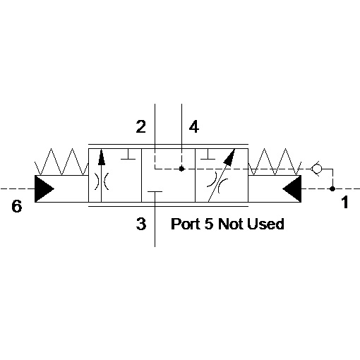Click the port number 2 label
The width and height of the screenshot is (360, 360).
tap(141, 126)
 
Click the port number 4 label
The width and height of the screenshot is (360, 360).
tap(194, 126)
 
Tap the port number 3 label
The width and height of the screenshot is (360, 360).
tap(141, 224)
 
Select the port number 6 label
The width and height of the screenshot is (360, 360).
tap(17, 206)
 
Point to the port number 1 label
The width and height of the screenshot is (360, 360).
tap(344, 203)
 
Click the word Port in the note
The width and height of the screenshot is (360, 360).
tap(186, 224)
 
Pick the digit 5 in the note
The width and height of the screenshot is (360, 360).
tap(209, 224)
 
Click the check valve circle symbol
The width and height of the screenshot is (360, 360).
tap(316, 169)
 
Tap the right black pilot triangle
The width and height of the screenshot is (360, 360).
tap(292, 188)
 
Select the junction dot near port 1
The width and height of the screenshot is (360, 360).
tap(332, 188)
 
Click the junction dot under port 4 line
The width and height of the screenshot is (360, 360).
tap(181, 169)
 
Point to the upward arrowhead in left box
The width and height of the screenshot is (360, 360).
tap(102, 157)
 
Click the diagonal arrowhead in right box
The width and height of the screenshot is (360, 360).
tap(229, 156)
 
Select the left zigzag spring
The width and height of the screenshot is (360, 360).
tap(61, 162)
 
